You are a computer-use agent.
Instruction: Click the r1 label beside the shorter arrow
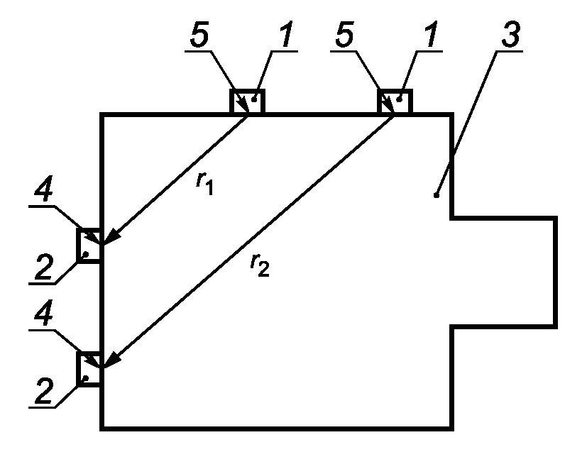pos(204,184)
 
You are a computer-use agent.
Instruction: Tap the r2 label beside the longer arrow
pos(260,265)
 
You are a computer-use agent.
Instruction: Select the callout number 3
pos(510,35)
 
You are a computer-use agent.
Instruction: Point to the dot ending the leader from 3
pos(436,195)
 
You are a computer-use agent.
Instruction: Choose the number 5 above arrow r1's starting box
pos(199,35)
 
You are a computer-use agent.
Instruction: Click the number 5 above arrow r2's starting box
pos(344,35)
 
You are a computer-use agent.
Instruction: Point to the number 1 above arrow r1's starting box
pos(286,35)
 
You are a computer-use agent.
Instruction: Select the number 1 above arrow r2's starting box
pos(432,35)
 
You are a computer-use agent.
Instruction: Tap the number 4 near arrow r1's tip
pos(43,189)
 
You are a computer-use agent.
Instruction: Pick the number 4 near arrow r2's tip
pos(43,313)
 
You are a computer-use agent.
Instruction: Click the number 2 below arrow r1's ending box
pos(44,268)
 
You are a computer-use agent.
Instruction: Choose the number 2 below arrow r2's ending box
pos(44,391)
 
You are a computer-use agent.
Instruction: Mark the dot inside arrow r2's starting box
pos(400,99)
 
